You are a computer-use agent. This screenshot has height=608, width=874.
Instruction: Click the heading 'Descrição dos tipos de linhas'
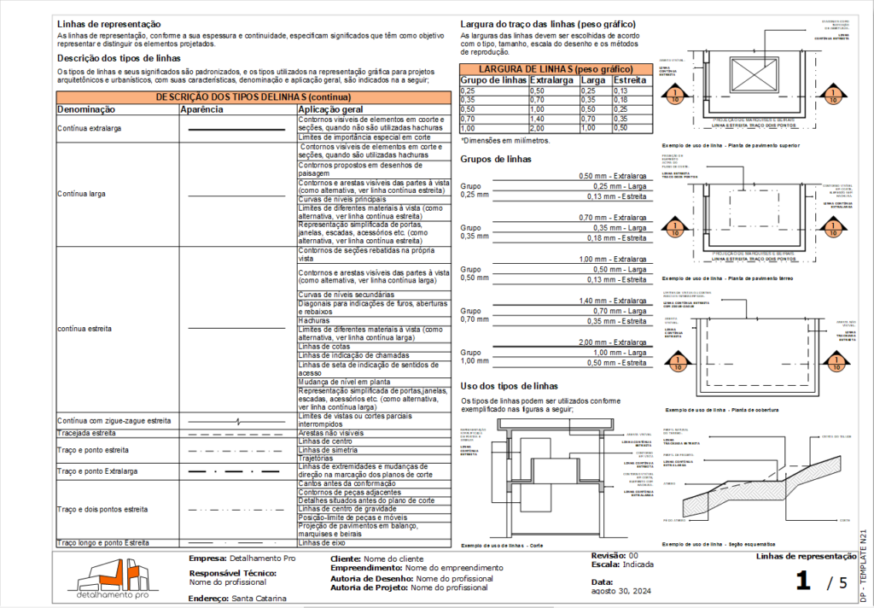pos(118,57)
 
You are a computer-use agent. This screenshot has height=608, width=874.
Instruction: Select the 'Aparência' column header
pos(202,110)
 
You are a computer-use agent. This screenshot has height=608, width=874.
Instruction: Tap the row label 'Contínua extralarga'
pos(89,128)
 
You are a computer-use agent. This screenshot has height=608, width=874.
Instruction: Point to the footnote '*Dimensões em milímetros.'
pos(505,140)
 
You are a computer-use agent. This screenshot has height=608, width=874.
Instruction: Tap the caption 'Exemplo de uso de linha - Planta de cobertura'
pos(720,409)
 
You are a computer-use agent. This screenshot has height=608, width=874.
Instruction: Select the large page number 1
pos(802,582)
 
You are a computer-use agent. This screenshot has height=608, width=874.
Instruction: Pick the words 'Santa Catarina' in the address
pos(259,599)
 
